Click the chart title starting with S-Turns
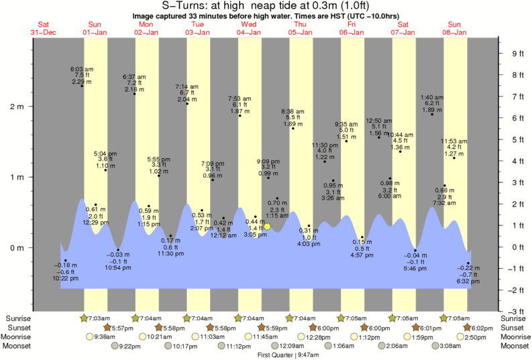pyautogui.click(x=266, y=6)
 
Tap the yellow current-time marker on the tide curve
pyautogui.click(x=267, y=227)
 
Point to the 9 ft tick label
pyautogui.click(x=518, y=54)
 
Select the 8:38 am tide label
pyautogui.click(x=292, y=111)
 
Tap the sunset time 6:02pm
pyautogui.click(x=483, y=327)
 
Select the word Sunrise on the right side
pyautogui.click(x=514, y=318)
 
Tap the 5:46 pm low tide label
pyautogui.click(x=415, y=268)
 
